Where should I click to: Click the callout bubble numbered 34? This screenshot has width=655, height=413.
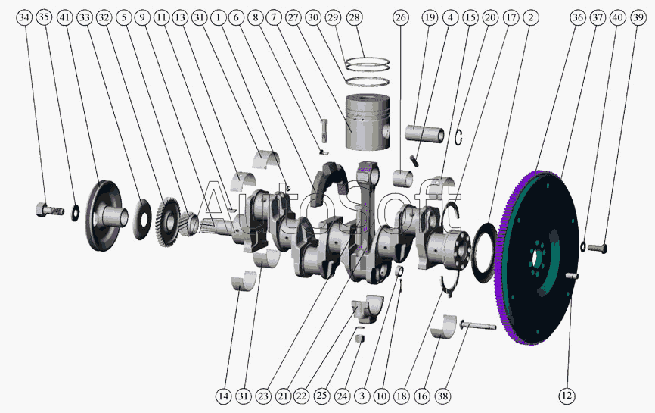25,17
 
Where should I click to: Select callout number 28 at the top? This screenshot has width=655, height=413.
354,17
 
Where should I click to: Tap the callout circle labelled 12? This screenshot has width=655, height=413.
567,396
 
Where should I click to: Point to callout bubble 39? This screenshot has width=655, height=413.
638,17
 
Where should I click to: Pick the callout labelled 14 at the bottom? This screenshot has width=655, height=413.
223,396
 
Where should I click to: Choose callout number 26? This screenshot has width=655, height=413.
400,17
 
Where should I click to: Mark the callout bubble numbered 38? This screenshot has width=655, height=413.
442,396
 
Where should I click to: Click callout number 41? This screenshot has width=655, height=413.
65,17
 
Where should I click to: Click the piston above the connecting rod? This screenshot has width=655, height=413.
368,122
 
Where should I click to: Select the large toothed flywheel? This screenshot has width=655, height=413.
537,258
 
